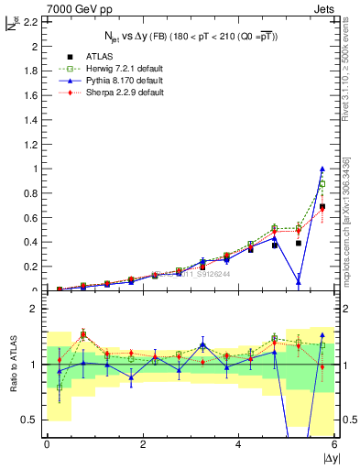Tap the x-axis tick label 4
238,444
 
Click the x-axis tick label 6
334,444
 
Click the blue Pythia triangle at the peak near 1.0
322,169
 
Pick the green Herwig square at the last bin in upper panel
322,183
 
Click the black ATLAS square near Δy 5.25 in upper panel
299,243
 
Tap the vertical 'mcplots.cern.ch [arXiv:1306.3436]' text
353,229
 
